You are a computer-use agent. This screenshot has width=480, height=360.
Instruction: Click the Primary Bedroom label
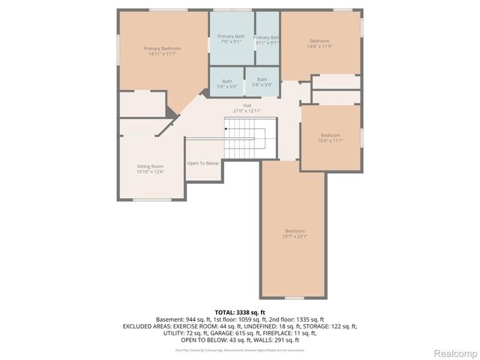point(163,48)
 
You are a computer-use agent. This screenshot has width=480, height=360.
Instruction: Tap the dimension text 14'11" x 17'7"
point(163,54)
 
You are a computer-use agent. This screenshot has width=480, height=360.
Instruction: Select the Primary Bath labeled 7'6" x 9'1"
point(231,39)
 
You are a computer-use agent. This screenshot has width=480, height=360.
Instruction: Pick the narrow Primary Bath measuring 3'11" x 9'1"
point(266,40)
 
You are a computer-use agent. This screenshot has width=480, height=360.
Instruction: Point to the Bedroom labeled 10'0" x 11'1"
point(330,138)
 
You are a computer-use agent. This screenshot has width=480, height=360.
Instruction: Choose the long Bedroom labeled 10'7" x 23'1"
point(295,233)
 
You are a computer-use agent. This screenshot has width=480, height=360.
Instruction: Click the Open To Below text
point(202,163)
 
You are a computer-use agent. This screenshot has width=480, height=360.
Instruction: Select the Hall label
point(247,105)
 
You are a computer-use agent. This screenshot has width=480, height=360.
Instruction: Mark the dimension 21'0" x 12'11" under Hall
point(247,111)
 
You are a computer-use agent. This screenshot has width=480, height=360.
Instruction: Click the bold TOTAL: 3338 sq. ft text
point(240,312)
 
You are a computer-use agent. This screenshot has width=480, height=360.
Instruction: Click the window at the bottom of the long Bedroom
point(295,298)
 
